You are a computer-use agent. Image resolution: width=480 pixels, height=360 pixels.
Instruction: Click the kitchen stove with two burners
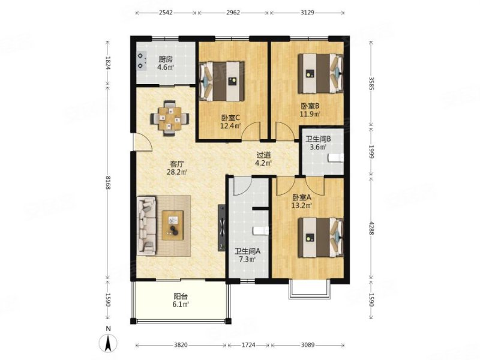141,61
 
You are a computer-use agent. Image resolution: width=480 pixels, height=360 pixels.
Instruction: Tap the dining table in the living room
170,118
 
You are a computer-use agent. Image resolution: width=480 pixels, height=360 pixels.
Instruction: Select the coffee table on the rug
173,226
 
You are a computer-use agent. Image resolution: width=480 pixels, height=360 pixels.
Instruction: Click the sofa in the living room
146,226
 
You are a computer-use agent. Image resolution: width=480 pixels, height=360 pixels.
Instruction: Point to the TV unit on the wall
221,228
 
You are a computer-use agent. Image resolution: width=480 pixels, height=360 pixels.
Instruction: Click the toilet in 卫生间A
261,230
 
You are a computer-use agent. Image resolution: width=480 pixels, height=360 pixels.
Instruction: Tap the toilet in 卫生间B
336,158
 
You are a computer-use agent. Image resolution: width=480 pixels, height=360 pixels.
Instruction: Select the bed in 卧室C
222,81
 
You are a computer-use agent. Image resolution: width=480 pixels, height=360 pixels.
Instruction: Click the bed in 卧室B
320,73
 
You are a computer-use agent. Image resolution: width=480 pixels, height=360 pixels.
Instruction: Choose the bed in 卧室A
320,237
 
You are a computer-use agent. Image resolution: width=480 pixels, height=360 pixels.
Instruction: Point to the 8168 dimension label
108,182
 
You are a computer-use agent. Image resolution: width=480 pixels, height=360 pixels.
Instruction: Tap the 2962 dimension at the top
233,13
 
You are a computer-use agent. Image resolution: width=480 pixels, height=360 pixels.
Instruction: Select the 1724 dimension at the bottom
248,345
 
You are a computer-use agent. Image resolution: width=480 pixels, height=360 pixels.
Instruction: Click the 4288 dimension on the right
371,228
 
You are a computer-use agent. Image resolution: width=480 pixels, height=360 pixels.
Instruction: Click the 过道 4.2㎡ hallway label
264,159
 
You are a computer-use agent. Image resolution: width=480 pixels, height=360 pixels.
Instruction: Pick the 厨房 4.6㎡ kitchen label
166,63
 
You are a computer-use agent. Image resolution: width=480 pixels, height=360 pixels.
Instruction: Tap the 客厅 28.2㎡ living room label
177,168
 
